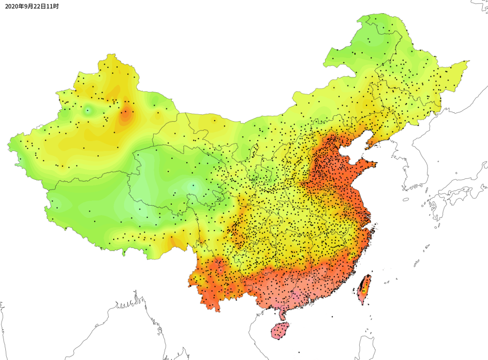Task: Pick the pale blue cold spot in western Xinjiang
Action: pos(88,110)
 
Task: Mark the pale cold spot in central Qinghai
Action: pos(194,185)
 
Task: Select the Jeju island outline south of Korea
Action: pos(406,199)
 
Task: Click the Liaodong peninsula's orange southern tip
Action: pos(367,145)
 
